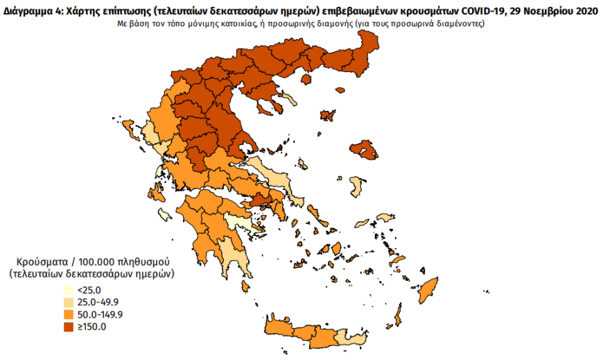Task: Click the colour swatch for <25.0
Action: (68, 291)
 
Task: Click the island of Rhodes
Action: (430, 289)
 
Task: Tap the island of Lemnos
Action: (327, 116)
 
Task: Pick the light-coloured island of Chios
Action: (357, 186)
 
